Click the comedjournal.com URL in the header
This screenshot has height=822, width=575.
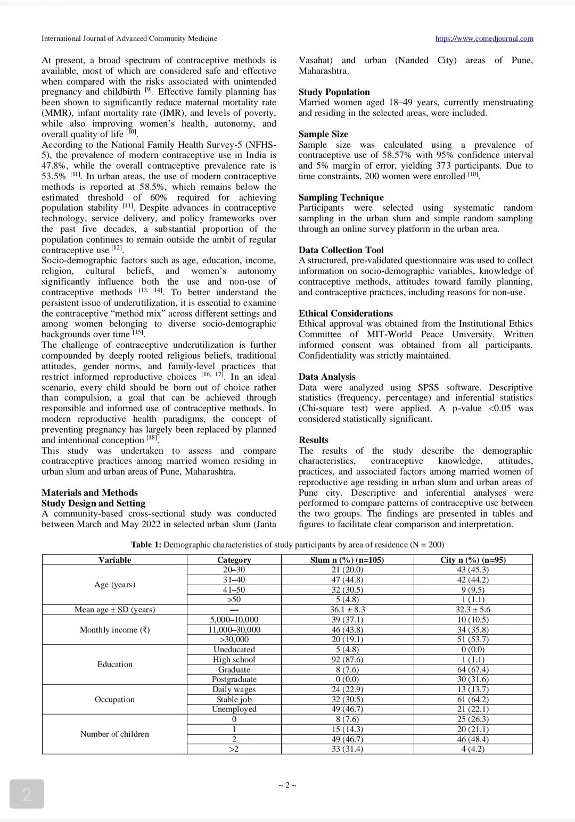coord(484,38)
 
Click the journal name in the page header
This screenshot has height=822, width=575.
coord(129,38)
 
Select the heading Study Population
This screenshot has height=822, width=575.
coord(334,92)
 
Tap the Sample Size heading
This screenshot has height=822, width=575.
coord(323,134)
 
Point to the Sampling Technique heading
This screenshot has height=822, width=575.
coord(341,197)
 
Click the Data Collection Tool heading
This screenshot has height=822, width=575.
coord(341,250)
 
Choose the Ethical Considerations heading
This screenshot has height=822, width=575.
coord(346,313)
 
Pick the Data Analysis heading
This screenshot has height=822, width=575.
coord(327,377)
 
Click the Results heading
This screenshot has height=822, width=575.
coord(314,440)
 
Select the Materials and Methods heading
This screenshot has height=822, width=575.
coord(89,493)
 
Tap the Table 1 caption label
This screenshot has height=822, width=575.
coord(146,545)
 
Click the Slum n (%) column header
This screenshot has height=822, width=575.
coord(347,560)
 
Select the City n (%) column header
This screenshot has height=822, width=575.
coord(473,560)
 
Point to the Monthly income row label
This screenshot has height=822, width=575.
coord(114,630)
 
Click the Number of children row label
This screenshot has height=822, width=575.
coord(114,734)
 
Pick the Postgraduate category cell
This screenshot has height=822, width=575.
coord(234,679)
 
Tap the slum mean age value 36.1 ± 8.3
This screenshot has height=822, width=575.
coord(347,610)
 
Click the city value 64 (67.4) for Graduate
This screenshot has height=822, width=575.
coord(473,670)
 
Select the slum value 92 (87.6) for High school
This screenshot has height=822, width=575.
coord(347,660)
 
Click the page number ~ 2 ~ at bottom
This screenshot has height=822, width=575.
coord(287,785)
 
